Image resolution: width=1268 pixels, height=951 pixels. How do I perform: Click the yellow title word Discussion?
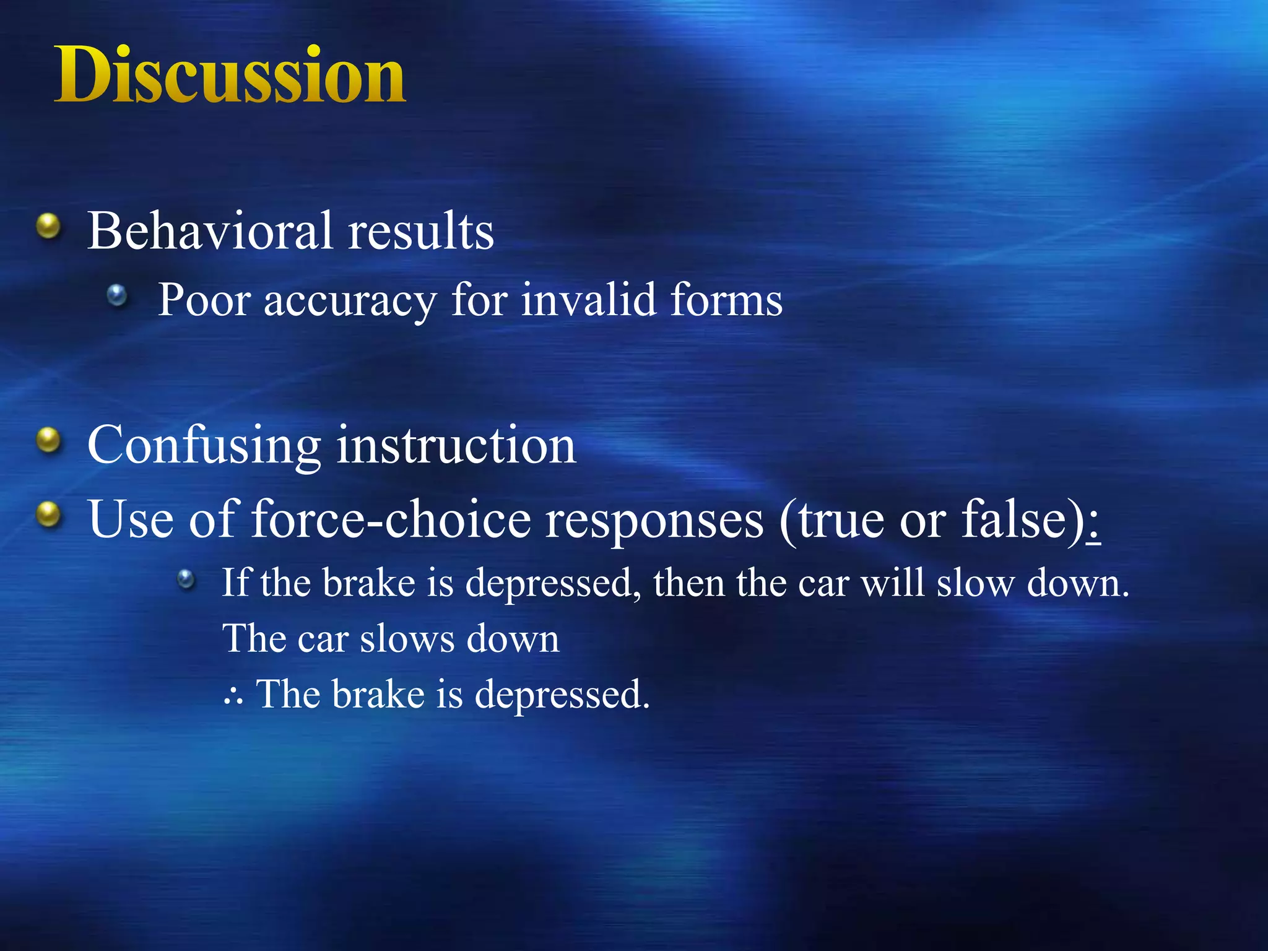pyautogui.click(x=230, y=75)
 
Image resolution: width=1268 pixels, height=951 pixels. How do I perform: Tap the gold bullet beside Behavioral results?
pyautogui.click(x=48, y=227)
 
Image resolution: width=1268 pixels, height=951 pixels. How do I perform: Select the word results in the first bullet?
pyautogui.click(x=421, y=230)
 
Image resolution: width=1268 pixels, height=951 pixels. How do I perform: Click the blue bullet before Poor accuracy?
pyautogui.click(x=117, y=296)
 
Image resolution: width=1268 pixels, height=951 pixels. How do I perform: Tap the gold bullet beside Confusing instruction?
pyautogui.click(x=48, y=441)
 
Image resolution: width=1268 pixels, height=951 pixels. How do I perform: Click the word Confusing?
pyautogui.click(x=204, y=446)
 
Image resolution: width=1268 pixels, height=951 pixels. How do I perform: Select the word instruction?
pyautogui.click(x=456, y=446)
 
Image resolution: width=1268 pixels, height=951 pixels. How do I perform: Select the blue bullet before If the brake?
pyautogui.click(x=186, y=580)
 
